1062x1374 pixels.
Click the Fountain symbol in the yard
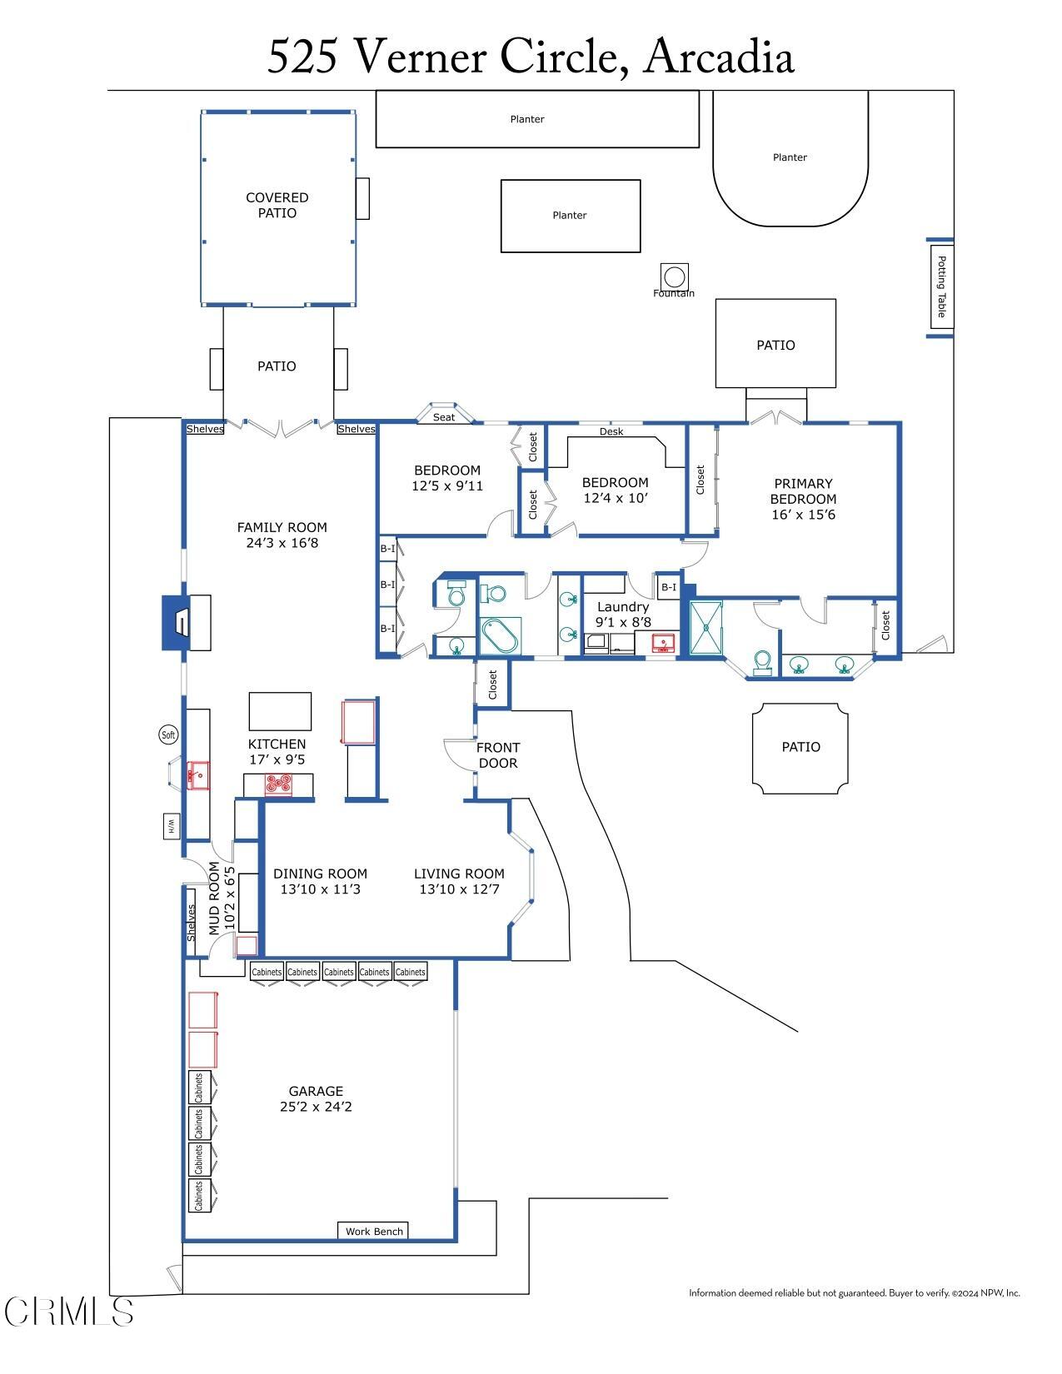(x=674, y=276)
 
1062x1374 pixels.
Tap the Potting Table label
(x=941, y=286)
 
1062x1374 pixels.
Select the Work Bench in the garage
(x=374, y=1231)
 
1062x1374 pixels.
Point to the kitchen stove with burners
(x=279, y=784)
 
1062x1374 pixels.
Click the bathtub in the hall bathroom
(x=500, y=637)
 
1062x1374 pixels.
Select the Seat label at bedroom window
(x=444, y=416)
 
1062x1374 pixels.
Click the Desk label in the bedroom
(x=611, y=431)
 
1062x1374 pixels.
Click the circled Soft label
(x=168, y=734)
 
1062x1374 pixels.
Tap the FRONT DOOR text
(x=498, y=755)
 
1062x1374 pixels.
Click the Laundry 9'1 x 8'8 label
(x=622, y=615)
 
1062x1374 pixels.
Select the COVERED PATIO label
(x=277, y=205)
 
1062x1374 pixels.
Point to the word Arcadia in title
(x=718, y=57)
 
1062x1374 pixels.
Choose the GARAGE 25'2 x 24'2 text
(x=316, y=1098)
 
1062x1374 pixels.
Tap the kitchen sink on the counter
(x=198, y=775)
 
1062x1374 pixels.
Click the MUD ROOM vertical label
(x=221, y=899)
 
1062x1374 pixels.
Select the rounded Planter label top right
(x=790, y=157)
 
